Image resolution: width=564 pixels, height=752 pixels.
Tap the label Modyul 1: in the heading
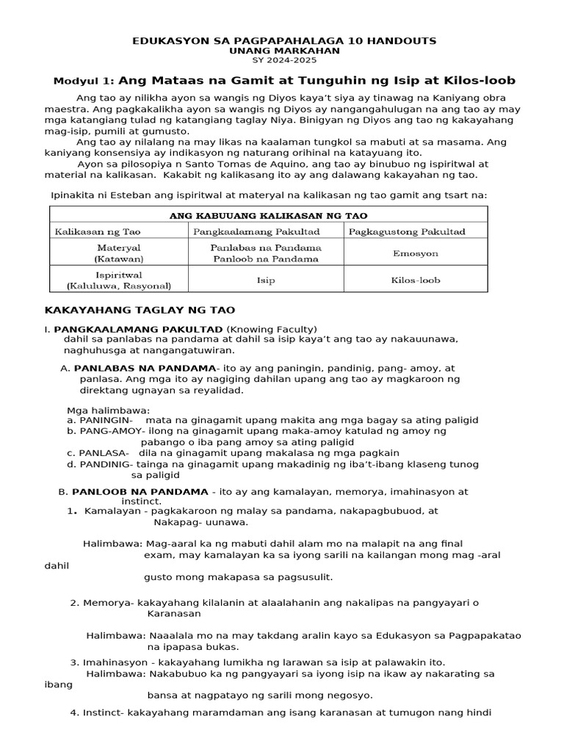(x=84, y=81)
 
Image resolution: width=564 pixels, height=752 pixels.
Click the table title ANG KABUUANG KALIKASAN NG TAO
(x=269, y=215)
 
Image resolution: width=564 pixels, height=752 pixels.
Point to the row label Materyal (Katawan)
(x=118, y=253)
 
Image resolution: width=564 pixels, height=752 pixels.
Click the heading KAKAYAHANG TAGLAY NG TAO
(x=140, y=311)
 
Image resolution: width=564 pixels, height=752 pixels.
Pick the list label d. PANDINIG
(x=100, y=464)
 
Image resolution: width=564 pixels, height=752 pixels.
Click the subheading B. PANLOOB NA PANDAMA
(x=133, y=491)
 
